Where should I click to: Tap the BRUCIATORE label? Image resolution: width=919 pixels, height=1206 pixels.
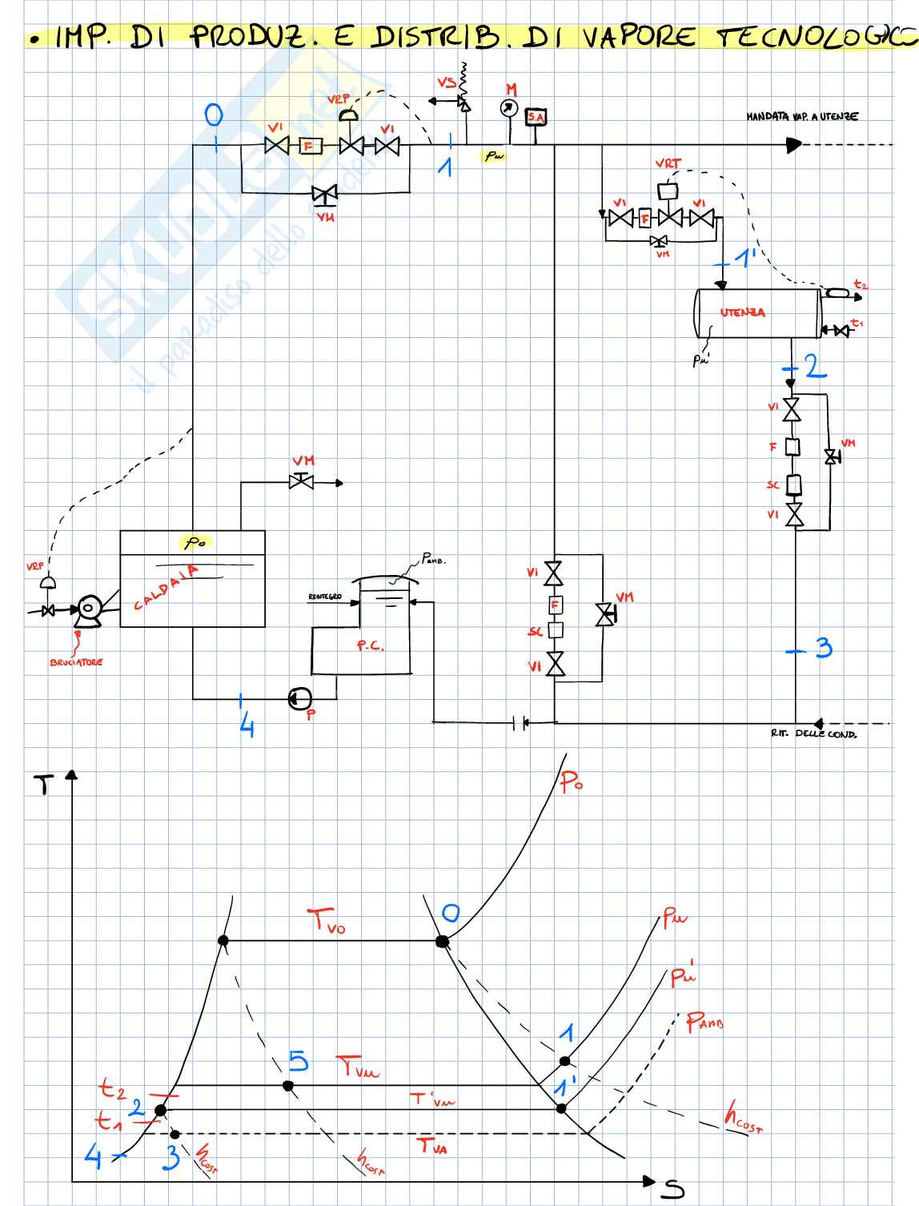76,662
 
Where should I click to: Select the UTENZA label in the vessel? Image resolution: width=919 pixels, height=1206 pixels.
742,312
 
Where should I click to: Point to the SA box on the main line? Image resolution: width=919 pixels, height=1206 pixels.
535,118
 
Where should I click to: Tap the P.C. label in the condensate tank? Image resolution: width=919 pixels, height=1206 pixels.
370,645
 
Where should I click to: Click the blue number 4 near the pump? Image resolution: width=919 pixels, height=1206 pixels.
247,726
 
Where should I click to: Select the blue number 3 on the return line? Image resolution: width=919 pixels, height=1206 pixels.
824,647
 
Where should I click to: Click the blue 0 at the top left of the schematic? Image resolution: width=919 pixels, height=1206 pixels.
214,115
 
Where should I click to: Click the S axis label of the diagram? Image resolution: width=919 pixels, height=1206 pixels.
672,1190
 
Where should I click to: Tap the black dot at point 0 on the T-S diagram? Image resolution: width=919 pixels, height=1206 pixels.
442,941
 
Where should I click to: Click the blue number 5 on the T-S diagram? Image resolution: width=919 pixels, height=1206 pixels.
298,1062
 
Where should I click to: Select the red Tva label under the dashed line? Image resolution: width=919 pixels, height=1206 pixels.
433,1147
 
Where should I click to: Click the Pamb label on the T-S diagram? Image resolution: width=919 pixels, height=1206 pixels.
704,1023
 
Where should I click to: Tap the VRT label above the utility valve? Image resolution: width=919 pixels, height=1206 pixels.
668,163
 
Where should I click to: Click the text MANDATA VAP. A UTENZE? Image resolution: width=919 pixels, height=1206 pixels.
802,117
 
